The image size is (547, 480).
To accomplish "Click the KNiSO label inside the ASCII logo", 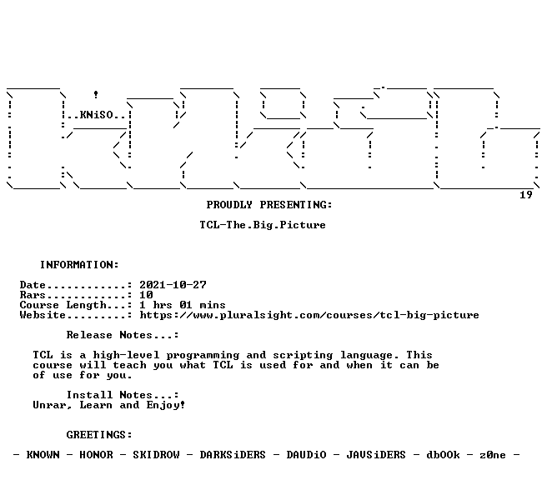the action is pyautogui.click(x=97, y=115).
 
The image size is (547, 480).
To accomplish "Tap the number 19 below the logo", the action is pyautogui.click(x=525, y=195).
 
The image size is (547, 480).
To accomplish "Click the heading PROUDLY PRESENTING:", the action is pyautogui.click(x=269, y=205).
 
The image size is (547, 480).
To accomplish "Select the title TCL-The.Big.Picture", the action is pyautogui.click(x=263, y=225).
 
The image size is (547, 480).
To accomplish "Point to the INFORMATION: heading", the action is pyautogui.click(x=79, y=264).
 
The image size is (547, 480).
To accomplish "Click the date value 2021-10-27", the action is pyautogui.click(x=173, y=285).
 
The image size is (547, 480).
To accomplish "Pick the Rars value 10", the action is pyautogui.click(x=146, y=295).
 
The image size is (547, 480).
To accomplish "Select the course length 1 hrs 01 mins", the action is pyautogui.click(x=183, y=305).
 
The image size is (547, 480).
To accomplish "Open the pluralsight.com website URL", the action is pyautogui.click(x=309, y=315).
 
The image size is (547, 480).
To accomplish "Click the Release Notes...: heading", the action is pyautogui.click(x=123, y=335).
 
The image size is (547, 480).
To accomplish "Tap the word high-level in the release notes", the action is pyautogui.click(x=126, y=355).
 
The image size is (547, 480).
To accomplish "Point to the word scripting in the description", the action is pyautogui.click(x=303, y=355).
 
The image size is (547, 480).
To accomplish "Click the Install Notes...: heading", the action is pyautogui.click(x=123, y=395).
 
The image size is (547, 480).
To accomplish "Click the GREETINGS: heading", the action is pyautogui.click(x=99, y=435).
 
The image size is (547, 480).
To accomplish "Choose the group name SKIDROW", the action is pyautogui.click(x=156, y=455).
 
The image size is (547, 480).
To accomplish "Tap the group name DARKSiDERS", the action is pyautogui.click(x=233, y=455).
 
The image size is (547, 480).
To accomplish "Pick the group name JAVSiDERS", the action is pyautogui.click(x=376, y=455).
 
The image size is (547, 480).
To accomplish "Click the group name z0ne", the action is pyautogui.click(x=493, y=455).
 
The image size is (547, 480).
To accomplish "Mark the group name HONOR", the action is pyautogui.click(x=96, y=455).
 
